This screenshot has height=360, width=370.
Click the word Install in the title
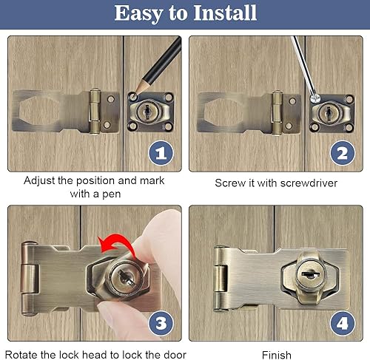point(225,13)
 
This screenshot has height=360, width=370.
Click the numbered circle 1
point(161,153)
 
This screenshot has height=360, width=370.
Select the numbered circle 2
point(343,153)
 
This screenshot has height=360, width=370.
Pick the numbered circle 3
point(161,323)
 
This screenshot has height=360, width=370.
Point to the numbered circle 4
point(343,323)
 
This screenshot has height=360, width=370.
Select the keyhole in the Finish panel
point(310,274)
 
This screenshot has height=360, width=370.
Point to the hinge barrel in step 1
point(95,112)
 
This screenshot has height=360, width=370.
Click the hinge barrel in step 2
point(277,113)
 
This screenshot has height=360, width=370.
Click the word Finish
point(277,355)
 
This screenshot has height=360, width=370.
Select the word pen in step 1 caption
point(112,194)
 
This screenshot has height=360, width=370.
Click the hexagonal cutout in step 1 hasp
point(39,112)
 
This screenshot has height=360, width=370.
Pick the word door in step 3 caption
point(175,355)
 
